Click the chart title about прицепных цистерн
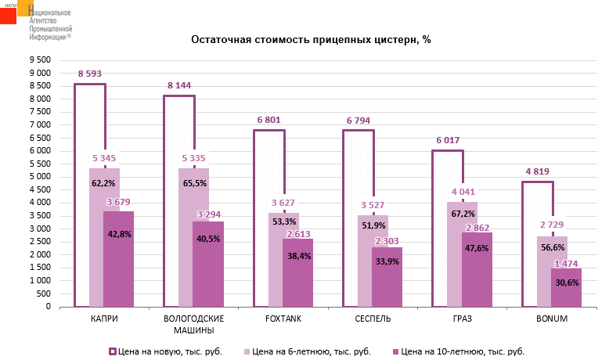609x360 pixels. pos(312,39)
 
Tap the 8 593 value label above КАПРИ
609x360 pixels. pos(91,74)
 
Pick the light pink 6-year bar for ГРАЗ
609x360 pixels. pos(463,258)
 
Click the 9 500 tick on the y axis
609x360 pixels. pos(40,60)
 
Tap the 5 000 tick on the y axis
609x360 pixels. pos(40,177)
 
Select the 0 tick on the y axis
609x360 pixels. pos(48,307)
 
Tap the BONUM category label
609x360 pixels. pos(552,319)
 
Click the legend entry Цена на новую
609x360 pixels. pos(169,351)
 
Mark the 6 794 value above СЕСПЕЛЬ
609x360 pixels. pos(359,121)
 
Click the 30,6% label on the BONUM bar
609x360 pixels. pos(566,282)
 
